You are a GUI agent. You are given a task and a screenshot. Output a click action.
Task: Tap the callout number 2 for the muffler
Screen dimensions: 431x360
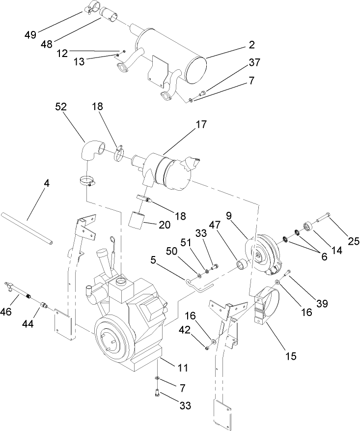click(251, 45)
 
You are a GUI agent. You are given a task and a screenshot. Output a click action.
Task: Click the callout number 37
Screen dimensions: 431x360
click(254, 62)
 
